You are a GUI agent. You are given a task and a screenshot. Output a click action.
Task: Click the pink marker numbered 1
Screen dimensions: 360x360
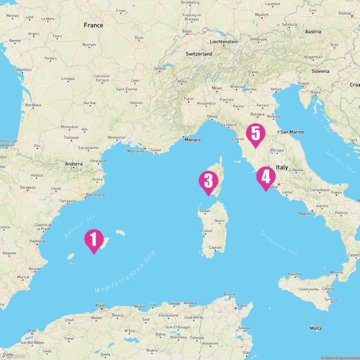click(x=94, y=239)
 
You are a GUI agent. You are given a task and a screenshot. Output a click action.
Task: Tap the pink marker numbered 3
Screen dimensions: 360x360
click(x=208, y=181)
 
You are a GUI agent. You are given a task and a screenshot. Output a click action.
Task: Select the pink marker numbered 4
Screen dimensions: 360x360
click(x=265, y=177)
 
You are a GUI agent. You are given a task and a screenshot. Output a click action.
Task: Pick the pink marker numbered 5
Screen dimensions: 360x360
click(x=256, y=133)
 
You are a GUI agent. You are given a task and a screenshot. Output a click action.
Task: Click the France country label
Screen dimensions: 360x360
click(x=93, y=25)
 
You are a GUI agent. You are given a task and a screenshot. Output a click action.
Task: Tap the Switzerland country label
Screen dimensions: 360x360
click(x=199, y=53)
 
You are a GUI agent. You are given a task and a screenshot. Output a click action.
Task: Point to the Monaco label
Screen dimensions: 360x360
click(x=192, y=139)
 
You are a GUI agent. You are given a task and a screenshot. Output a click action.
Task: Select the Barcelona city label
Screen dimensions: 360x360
click(x=95, y=195)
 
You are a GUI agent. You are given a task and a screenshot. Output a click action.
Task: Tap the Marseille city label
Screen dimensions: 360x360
click(x=136, y=151)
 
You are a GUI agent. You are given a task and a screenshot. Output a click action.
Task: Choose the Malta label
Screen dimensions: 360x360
click(x=316, y=328)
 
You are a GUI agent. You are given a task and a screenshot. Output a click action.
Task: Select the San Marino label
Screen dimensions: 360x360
click(x=292, y=132)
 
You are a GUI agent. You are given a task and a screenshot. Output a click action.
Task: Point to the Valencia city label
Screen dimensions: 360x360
click(x=37, y=241)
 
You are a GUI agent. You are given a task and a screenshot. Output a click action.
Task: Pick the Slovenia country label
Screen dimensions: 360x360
click(x=321, y=71)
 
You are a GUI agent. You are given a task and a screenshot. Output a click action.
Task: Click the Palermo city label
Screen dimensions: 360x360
click(x=295, y=274)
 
